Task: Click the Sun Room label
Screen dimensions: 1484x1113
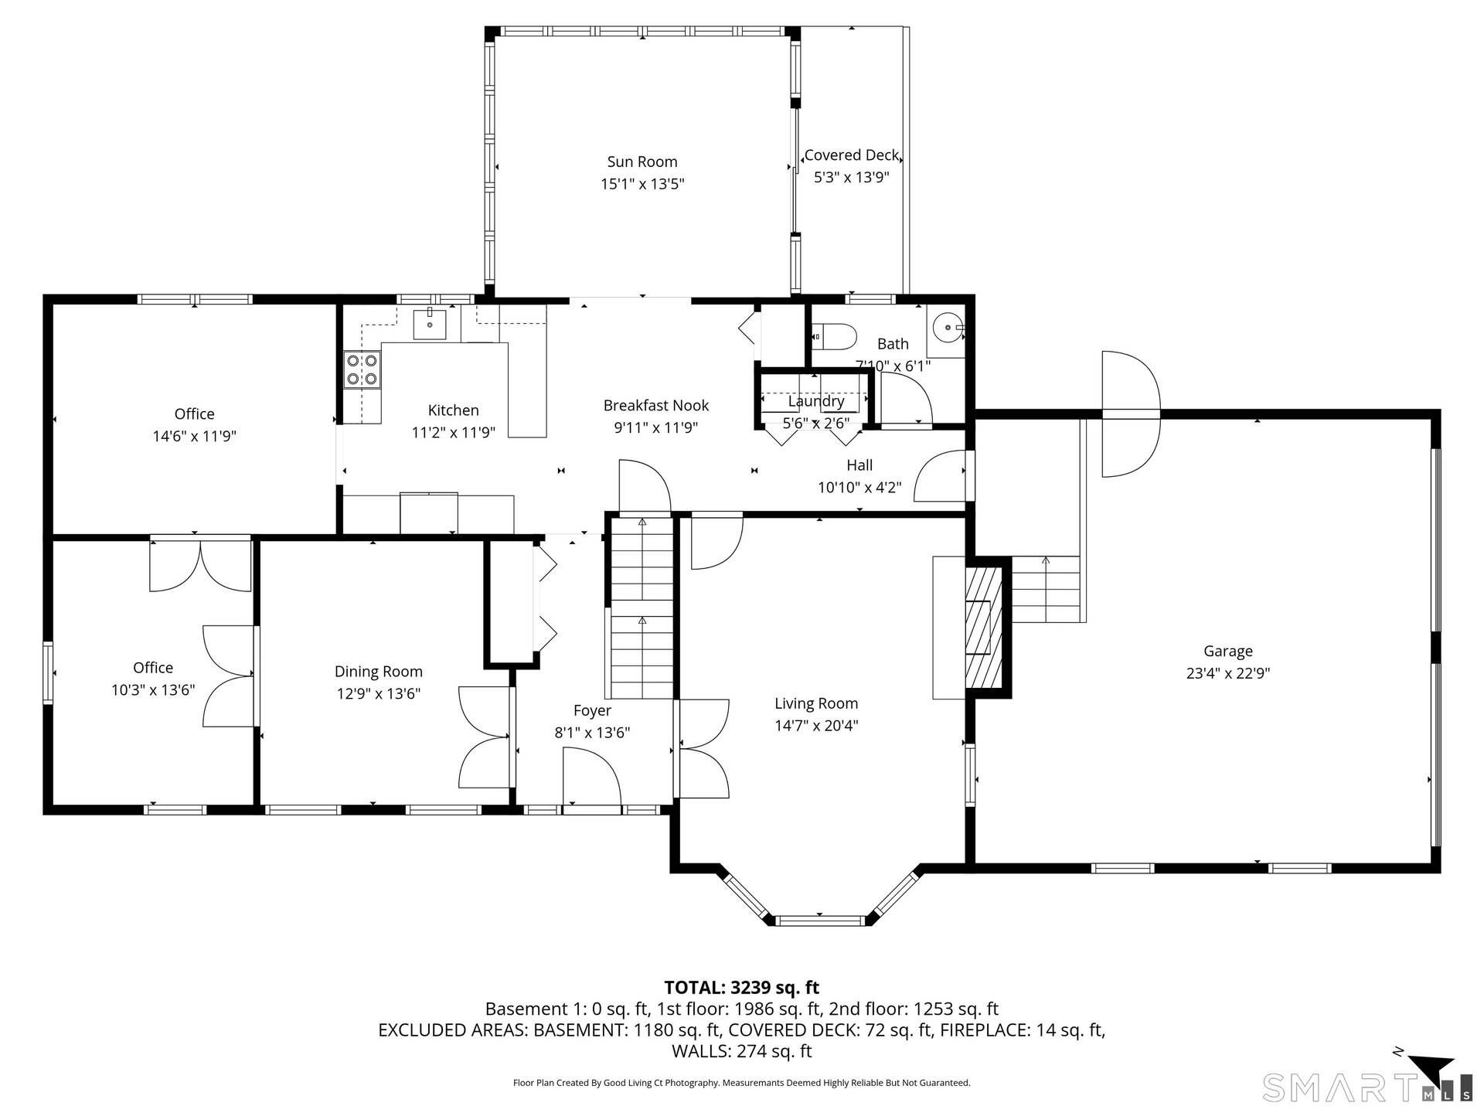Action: point(642,162)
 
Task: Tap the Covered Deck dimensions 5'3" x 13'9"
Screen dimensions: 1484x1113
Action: point(852,177)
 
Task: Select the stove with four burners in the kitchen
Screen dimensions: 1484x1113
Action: point(362,369)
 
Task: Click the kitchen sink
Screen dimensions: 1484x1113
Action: point(430,324)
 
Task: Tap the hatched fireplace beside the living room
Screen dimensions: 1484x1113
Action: point(984,627)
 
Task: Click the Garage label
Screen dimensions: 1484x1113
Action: point(1228,651)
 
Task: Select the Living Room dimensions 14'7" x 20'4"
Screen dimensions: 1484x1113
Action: point(816,725)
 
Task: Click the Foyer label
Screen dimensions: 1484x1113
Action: point(592,710)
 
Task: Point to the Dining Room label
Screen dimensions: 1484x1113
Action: point(379,672)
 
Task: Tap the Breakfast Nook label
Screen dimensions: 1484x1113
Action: point(656,405)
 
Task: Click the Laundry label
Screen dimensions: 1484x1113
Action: point(816,401)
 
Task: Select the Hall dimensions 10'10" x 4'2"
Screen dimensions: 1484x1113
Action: point(859,487)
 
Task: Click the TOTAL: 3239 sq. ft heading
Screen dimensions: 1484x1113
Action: point(742,987)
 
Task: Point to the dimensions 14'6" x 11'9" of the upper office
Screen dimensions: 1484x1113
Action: point(194,436)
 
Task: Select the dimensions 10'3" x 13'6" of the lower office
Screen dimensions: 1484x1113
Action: point(153,689)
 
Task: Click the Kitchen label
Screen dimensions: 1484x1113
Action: point(454,410)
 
